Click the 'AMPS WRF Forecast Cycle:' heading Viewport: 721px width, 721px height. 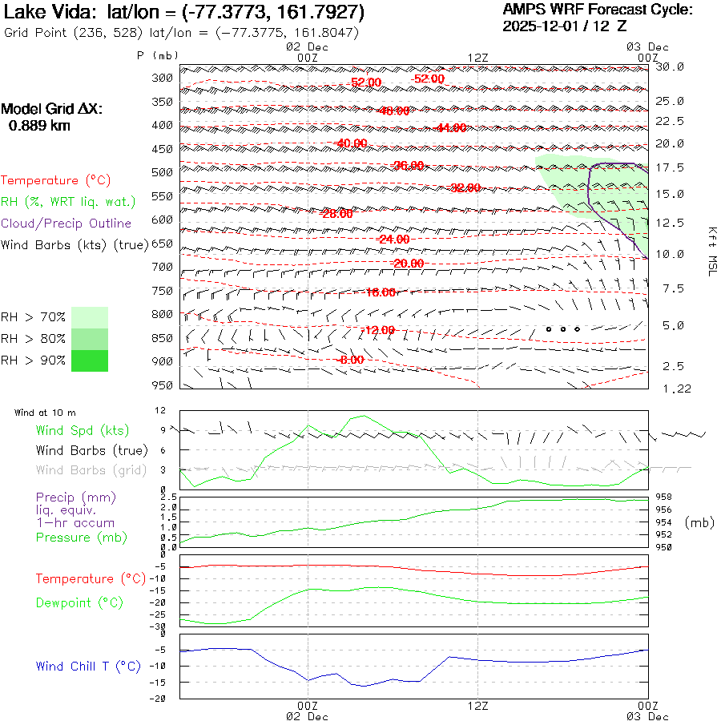[598, 10]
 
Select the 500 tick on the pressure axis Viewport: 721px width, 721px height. [162, 172]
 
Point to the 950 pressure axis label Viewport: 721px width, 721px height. [162, 385]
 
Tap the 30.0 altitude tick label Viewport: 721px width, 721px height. [670, 66]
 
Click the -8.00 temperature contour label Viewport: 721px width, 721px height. [351, 360]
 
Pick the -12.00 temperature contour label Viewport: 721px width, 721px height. [379, 330]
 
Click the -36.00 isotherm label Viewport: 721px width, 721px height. [409, 166]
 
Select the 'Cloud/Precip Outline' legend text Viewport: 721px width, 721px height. [66, 223]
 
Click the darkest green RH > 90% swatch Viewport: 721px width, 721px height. [90, 360]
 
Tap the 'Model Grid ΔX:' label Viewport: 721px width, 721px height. [52, 109]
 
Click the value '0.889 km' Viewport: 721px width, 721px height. [39, 125]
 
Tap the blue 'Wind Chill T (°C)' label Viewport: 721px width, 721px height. [88, 666]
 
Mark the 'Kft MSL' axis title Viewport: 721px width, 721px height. [711, 251]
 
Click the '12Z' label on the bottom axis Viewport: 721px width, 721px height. [477, 705]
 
